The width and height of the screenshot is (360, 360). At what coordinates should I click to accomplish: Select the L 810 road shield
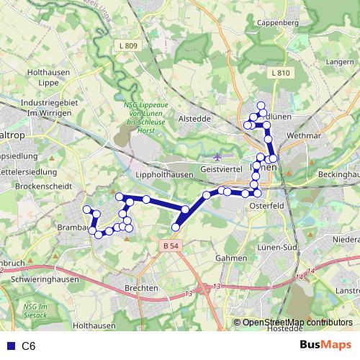coord(281,73)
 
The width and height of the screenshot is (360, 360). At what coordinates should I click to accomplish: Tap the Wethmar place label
coord(303,135)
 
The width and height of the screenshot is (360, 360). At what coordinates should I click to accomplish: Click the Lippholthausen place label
coord(165,175)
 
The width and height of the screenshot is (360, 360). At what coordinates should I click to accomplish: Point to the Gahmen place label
coord(231,257)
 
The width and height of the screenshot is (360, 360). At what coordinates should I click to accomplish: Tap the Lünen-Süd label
coord(281,248)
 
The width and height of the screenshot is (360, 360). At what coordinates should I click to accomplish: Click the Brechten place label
coord(140,288)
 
